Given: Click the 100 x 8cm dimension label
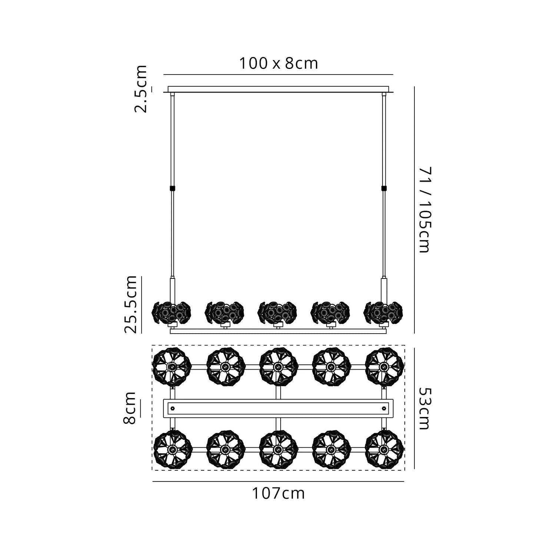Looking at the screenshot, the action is [x=278, y=63].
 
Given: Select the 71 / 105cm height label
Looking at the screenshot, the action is [x=425, y=210].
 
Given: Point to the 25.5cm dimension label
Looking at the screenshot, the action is [x=131, y=304].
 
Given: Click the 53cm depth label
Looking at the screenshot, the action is [x=425, y=408].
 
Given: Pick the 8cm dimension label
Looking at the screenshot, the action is [x=129, y=408].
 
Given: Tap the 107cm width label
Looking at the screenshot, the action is [x=278, y=493].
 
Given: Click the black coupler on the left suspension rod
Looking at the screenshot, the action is [x=172, y=188].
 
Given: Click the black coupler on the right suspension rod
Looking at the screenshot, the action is [x=384, y=188].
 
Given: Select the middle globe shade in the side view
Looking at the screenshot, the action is [x=278, y=312].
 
